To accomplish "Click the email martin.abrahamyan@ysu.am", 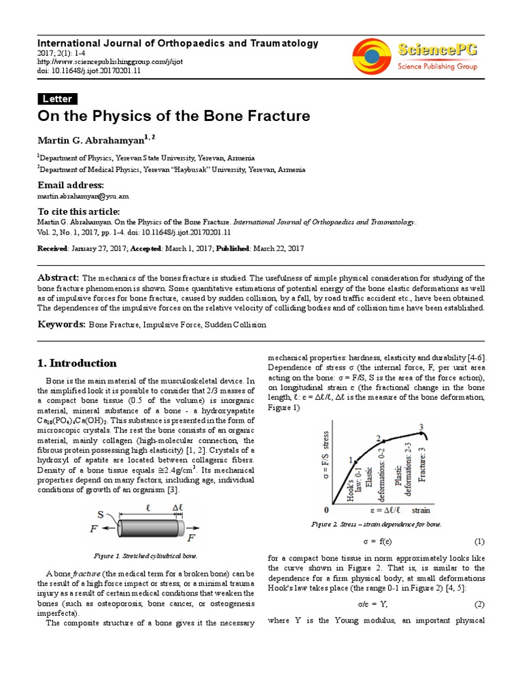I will [82, 196].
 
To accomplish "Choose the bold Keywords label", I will [62, 325].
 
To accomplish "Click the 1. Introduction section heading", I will [77, 363].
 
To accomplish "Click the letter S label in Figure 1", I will [101, 514].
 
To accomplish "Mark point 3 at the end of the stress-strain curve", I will [421, 428].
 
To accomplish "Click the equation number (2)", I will [478, 604].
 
